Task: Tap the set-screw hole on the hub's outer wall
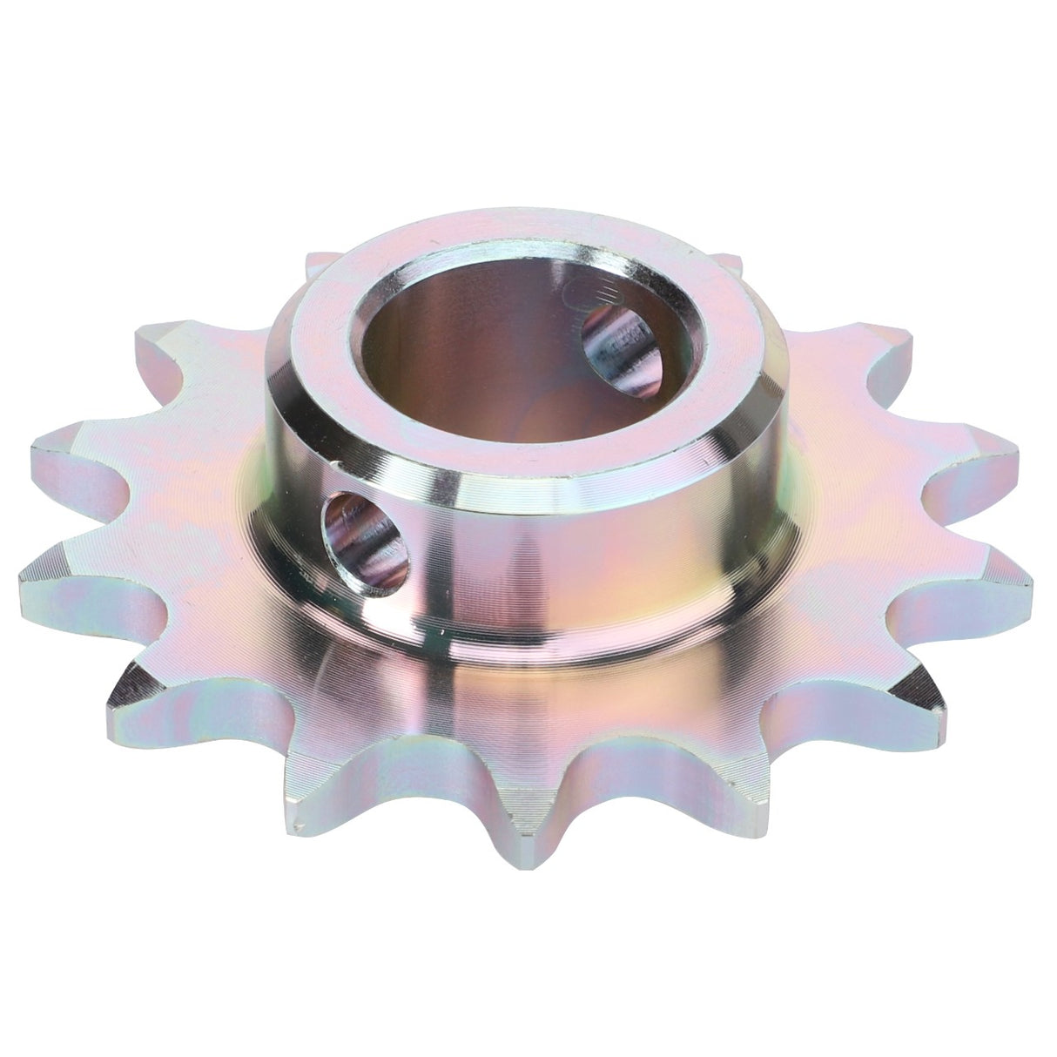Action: (366, 540)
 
